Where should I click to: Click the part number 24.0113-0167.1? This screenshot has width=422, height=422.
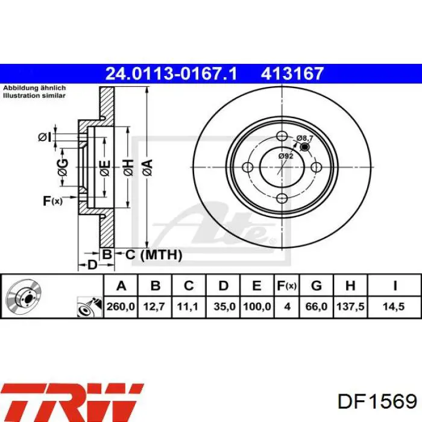click(x=171, y=74)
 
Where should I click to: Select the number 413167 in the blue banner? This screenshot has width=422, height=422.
click(x=292, y=74)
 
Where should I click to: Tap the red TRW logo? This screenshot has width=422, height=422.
click(x=72, y=403)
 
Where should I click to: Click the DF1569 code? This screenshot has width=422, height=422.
click(x=377, y=402)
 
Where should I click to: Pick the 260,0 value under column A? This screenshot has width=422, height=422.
click(x=121, y=306)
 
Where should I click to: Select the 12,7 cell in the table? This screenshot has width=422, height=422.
click(x=154, y=306)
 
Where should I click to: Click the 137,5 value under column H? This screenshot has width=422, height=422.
click(x=350, y=306)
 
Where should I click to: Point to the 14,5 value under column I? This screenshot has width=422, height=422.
click(x=394, y=306)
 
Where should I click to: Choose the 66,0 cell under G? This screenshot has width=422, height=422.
click(x=316, y=306)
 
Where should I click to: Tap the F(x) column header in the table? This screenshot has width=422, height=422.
click(x=286, y=286)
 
